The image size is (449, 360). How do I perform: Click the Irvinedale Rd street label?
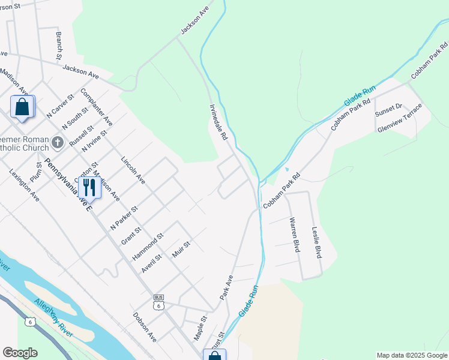pos(218,122)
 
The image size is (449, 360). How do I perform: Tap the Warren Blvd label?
pos(294,235)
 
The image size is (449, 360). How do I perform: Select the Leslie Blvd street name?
pos(316,242)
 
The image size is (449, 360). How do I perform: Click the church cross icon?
pos(58,142)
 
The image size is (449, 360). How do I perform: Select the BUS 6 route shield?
pos(158,302)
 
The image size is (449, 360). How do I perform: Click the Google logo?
pos(20,353)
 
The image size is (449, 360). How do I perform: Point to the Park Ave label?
pos(226,288)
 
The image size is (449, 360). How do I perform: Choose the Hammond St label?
pos(148,247)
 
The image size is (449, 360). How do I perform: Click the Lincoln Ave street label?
pos(133,170)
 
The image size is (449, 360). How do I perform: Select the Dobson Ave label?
pos(145,327)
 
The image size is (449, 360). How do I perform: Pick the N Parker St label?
pos(124,218)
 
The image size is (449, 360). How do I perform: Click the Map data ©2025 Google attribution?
pos(411,355)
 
